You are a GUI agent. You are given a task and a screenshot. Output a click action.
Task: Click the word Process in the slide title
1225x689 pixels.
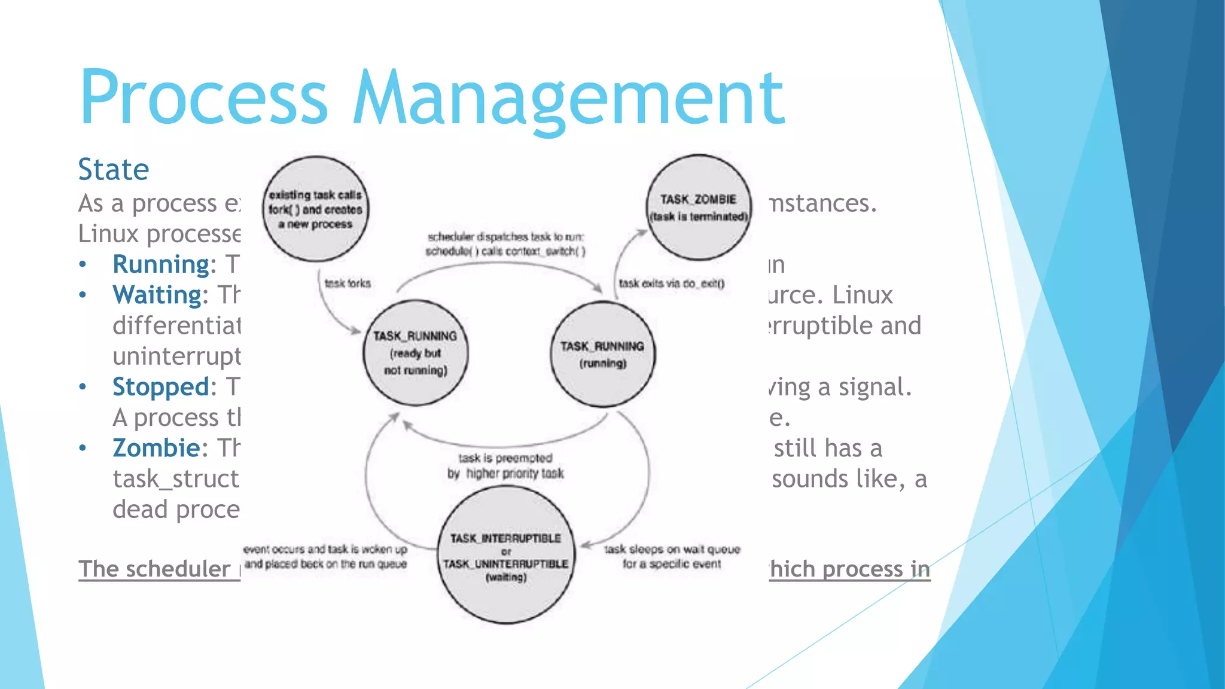203,97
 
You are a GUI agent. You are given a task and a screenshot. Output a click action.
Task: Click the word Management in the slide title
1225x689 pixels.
568,97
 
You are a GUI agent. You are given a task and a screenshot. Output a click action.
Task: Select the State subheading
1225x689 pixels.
114,169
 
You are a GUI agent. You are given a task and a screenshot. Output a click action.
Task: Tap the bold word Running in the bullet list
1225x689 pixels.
160,264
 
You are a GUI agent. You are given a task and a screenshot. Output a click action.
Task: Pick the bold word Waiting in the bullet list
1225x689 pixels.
157,295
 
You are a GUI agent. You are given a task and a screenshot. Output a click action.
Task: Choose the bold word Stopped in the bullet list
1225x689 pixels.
160,387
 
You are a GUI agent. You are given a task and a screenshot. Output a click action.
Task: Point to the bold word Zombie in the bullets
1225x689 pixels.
156,448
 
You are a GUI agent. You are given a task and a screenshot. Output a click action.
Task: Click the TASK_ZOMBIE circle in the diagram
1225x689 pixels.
699,207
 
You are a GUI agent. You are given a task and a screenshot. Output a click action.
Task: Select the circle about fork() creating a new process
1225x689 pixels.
315,209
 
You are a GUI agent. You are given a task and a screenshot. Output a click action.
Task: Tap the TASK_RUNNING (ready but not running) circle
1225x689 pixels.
416,353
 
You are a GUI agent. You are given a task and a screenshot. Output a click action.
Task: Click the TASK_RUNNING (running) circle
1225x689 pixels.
602,354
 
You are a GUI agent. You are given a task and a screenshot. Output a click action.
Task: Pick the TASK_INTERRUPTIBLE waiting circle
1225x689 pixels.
506,556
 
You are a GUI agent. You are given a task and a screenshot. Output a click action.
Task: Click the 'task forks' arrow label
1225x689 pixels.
348,283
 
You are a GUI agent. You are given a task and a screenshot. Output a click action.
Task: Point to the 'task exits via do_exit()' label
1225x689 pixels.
671,283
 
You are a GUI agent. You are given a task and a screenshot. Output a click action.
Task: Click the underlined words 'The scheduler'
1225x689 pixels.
154,569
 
